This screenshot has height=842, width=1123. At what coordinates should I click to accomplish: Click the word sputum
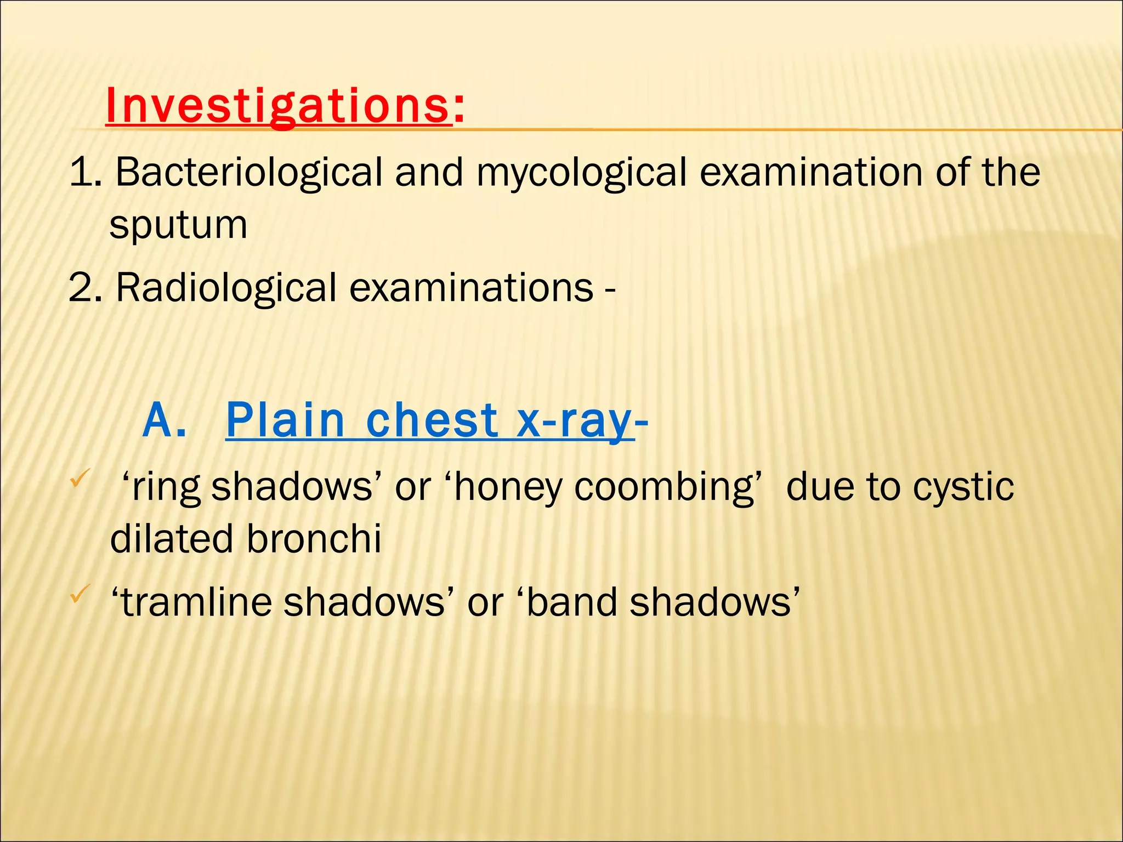pyautogui.click(x=178, y=225)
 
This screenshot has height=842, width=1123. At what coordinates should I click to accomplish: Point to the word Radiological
pyautogui.click(x=226, y=288)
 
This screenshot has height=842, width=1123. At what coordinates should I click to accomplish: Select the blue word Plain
pyautogui.click(x=285, y=420)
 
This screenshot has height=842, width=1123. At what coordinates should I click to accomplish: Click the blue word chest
pyautogui.click(x=432, y=420)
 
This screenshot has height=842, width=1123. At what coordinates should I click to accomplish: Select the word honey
pyautogui.click(x=508, y=487)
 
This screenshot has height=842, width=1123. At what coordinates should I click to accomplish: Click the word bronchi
pyautogui.click(x=314, y=539)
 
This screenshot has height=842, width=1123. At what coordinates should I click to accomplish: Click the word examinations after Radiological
pyautogui.click(x=471, y=288)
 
